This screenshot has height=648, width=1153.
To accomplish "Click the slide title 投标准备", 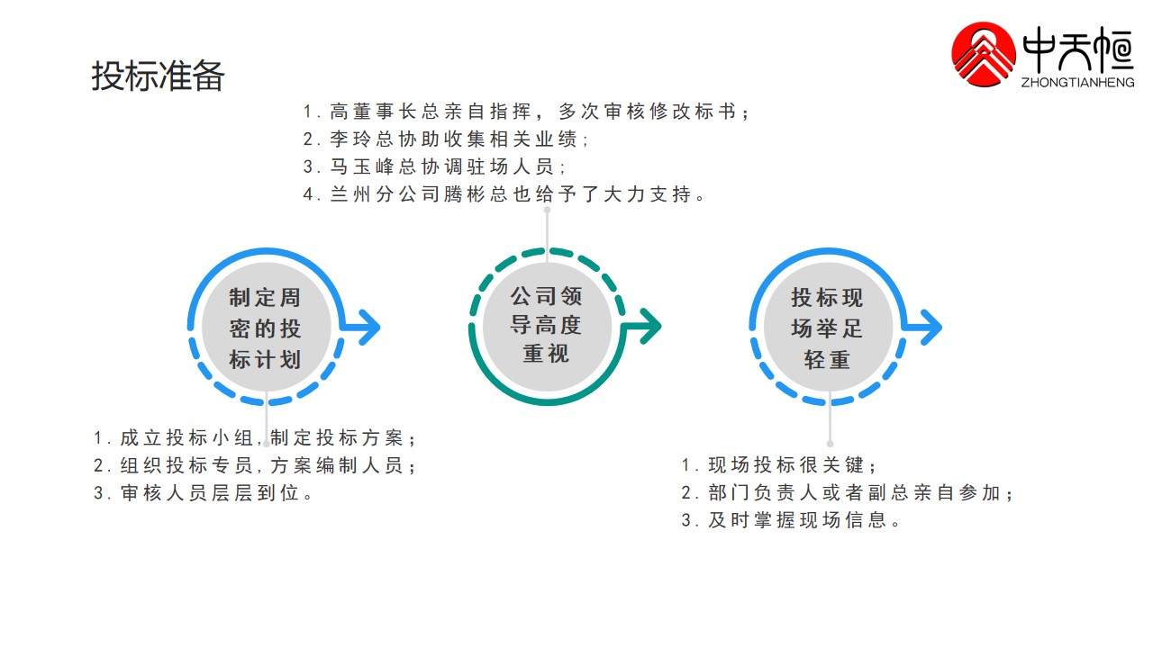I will (158, 76).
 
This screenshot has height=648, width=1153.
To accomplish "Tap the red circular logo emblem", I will (985, 55).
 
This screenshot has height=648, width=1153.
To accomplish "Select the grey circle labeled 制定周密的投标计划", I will (265, 328).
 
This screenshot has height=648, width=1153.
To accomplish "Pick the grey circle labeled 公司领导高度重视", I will (546, 326).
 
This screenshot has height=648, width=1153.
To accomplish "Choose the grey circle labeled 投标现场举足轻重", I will (827, 328).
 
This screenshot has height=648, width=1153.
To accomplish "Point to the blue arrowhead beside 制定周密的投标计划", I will (368, 328).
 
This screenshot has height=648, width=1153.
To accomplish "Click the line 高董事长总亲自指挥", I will (527, 112).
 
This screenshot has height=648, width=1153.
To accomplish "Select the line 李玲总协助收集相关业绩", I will (447, 139).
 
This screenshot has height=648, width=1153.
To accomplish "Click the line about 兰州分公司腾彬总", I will (504, 193).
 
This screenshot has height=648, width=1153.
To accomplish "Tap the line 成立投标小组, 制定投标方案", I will (256, 438).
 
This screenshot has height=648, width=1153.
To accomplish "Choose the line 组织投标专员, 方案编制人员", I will (256, 466).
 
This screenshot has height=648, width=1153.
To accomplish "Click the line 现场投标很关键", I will (779, 465).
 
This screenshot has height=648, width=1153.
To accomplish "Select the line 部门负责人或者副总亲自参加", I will (848, 493).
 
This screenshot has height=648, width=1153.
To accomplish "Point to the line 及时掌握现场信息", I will (792, 520).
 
